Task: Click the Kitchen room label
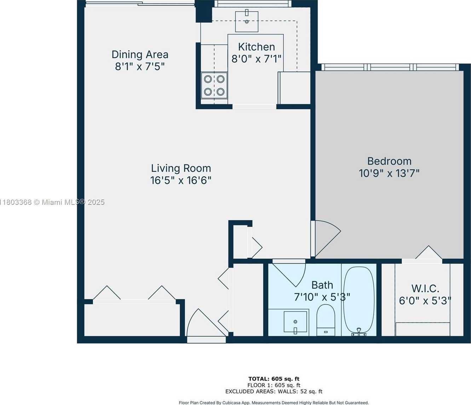(256, 47)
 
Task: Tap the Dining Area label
(140, 54)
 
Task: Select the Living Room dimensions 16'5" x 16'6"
(181, 180)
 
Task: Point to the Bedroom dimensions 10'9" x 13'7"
(389, 173)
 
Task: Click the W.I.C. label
(425, 289)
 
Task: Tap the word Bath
(322, 285)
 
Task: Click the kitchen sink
(247, 22)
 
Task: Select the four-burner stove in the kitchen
(214, 85)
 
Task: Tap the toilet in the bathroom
(326, 320)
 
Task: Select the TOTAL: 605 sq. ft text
(274, 379)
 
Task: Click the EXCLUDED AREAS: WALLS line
(274, 391)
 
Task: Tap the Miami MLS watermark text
(52, 202)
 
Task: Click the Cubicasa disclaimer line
(274, 403)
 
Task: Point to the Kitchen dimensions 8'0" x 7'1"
(256, 59)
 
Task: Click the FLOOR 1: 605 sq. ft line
(274, 385)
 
